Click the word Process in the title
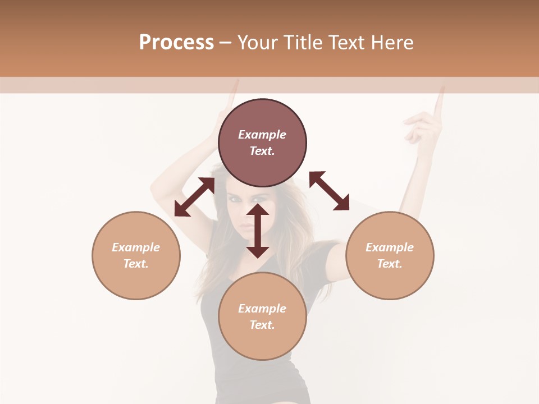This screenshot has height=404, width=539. [x=176, y=43]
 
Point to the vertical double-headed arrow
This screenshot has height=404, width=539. [x=258, y=231]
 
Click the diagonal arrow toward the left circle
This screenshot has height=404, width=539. [x=194, y=197]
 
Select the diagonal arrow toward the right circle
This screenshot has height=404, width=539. [x=329, y=191]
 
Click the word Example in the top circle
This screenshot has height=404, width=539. [x=262, y=135]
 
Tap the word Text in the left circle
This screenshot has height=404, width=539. [x=136, y=264]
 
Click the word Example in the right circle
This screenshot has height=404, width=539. [x=390, y=247]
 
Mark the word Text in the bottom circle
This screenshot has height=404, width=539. [x=262, y=325]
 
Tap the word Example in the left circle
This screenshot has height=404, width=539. [x=136, y=247]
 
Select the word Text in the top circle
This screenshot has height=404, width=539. [x=262, y=151]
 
